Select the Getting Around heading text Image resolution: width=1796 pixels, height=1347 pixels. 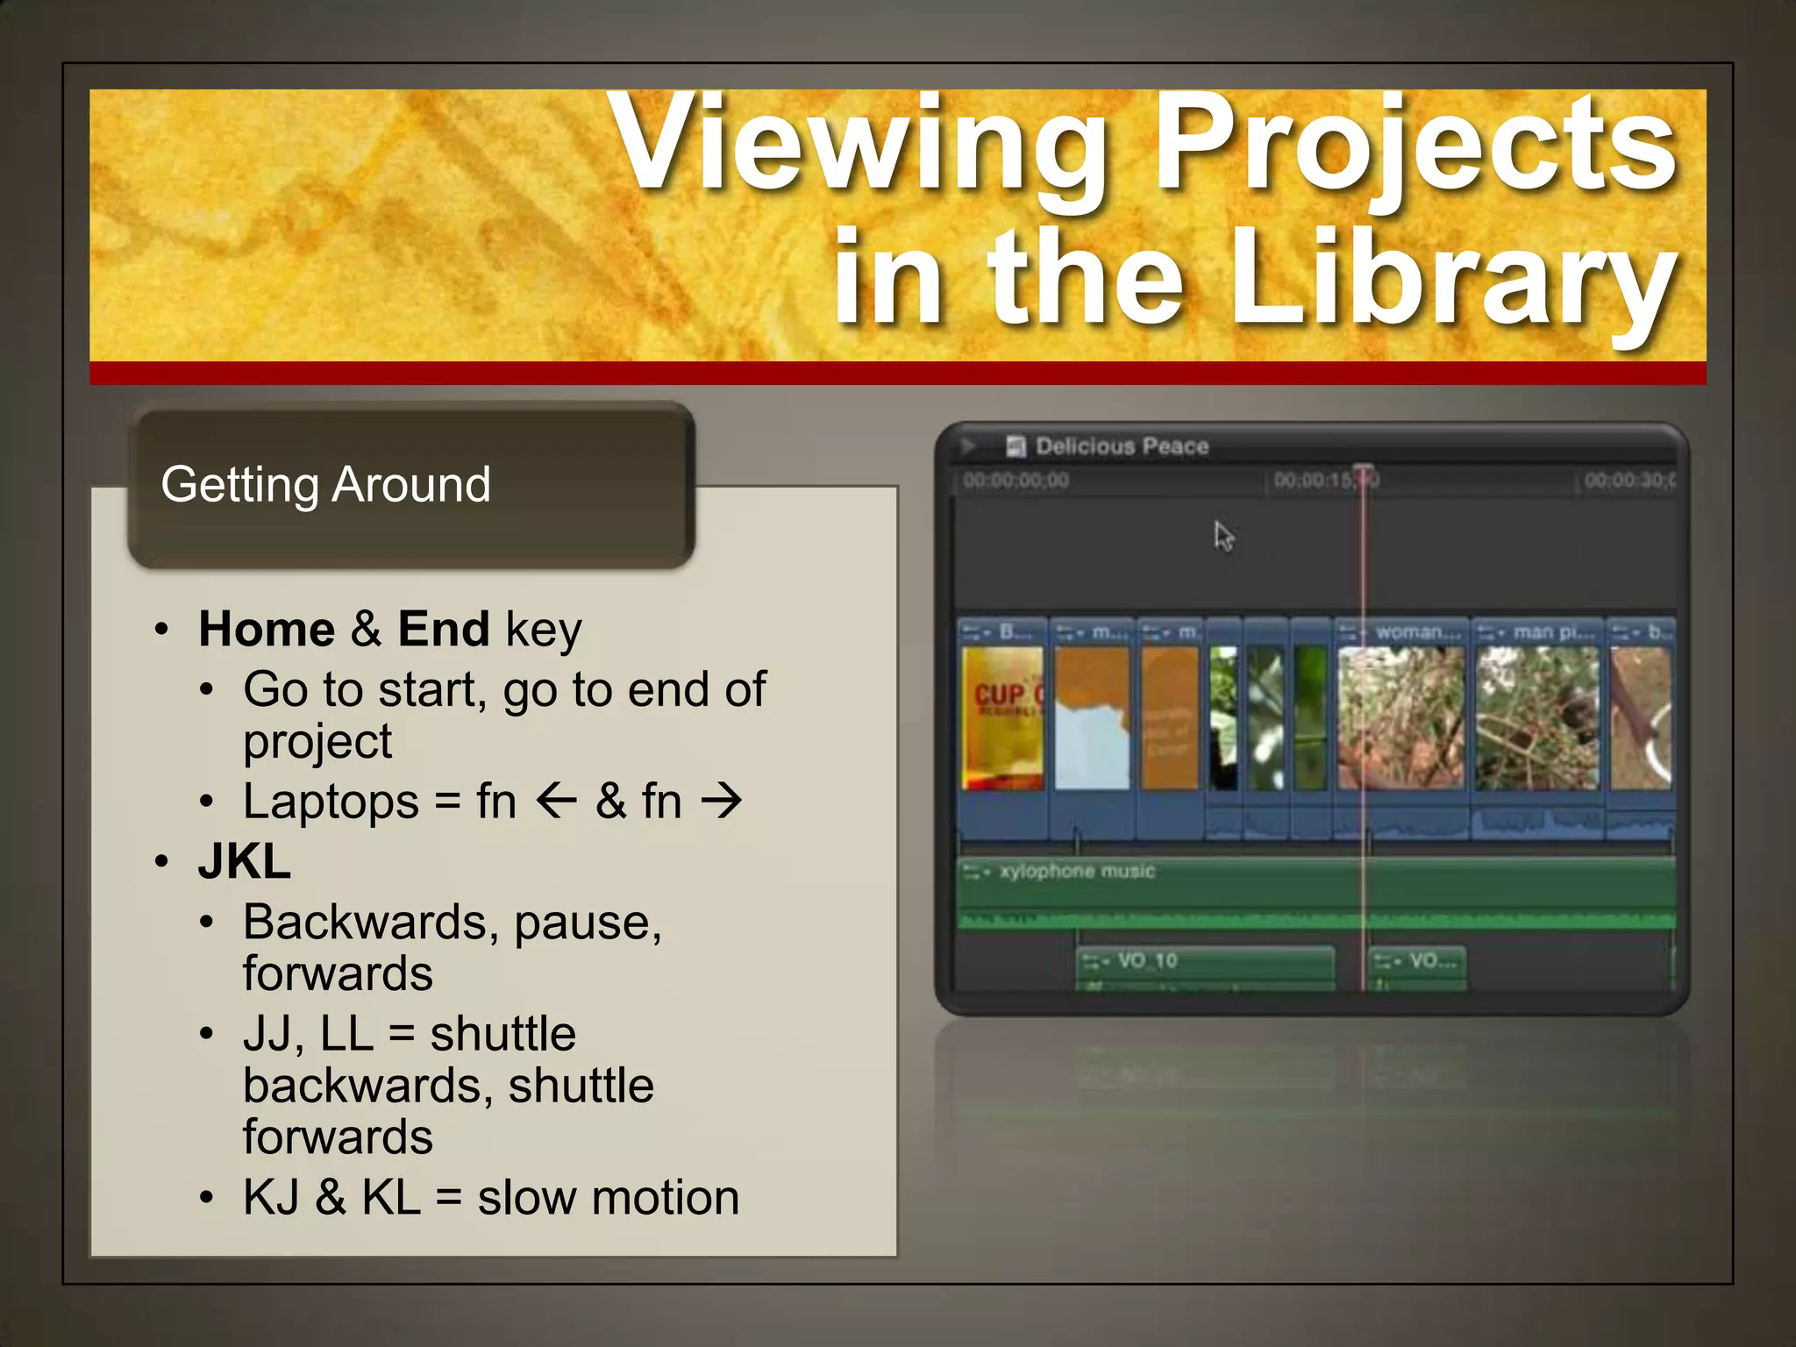click(325, 485)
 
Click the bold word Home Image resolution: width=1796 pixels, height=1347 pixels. click(267, 630)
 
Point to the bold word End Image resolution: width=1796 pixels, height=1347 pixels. click(443, 630)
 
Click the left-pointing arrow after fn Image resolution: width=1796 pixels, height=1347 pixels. click(556, 801)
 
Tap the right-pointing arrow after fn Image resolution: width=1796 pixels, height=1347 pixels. click(722, 801)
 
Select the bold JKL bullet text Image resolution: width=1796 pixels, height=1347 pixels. click(245, 862)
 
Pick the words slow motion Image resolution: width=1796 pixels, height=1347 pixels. click(608, 1198)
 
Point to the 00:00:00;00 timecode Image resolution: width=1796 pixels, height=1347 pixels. click(1016, 481)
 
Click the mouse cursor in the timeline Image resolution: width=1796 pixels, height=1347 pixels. click(1222, 535)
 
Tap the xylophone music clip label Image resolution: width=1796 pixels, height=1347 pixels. click(1076, 872)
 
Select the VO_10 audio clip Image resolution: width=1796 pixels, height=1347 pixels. click(1204, 965)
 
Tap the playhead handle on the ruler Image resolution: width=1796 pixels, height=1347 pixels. click(1363, 470)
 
